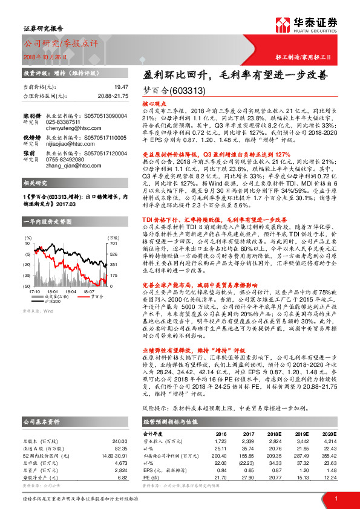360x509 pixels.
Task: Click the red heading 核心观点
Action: pyautogui.click(x=154, y=104)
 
